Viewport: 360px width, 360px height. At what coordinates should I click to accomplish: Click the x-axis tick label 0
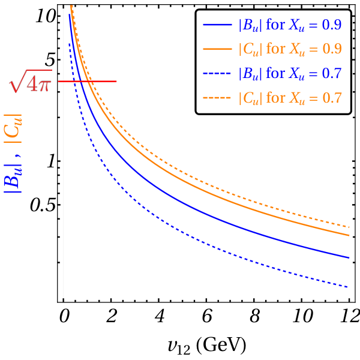[64, 316]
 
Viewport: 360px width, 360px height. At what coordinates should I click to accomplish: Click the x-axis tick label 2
[112, 316]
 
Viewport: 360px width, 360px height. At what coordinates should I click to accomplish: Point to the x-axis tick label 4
[160, 316]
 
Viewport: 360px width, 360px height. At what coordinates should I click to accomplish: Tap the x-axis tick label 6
[207, 316]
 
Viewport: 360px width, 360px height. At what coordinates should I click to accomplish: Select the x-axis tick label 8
[254, 316]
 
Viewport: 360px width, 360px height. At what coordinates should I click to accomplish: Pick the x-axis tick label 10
[302, 316]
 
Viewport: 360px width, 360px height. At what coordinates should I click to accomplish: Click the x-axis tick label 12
[350, 316]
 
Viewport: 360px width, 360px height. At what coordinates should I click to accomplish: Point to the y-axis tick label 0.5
[43, 205]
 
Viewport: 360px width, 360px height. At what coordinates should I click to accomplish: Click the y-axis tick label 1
[51, 161]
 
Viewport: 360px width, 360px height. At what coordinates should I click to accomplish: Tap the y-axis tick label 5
[50, 60]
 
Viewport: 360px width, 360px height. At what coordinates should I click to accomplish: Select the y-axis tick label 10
[46, 17]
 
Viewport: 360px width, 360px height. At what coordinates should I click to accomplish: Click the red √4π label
[31, 81]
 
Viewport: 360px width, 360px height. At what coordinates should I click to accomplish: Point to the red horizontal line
[87, 81]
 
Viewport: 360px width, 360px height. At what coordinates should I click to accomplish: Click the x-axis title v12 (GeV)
[207, 346]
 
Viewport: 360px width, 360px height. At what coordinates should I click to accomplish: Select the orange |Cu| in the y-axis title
[13, 129]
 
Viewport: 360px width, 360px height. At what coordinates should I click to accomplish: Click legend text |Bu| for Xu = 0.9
[290, 25]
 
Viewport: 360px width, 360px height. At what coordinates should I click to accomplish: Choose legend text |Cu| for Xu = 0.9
[290, 49]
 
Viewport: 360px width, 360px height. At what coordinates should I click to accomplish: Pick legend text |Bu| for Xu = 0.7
[290, 73]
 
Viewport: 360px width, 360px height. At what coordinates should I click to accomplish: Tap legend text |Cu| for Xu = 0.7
[290, 98]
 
